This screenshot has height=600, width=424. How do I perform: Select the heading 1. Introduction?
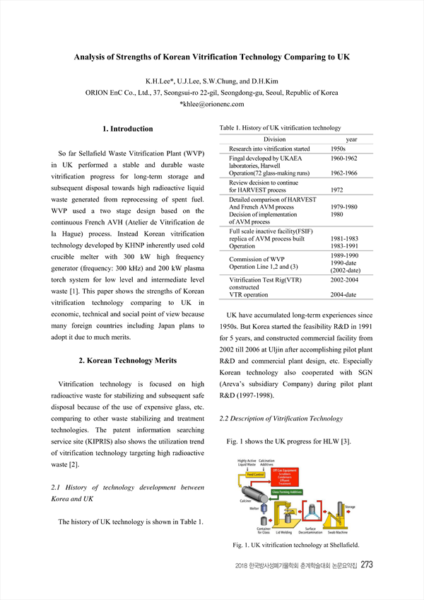point(128,129)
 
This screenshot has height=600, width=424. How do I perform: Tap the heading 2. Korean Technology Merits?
point(127,361)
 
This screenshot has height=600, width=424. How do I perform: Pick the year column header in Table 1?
point(351,139)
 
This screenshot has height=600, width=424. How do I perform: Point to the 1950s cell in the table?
point(338,149)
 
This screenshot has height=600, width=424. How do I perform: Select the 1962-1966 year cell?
point(344,173)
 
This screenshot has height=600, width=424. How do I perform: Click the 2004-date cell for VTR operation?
point(343,294)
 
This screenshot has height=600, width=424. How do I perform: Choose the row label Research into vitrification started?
point(269,149)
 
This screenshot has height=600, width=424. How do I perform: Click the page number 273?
point(367,565)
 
